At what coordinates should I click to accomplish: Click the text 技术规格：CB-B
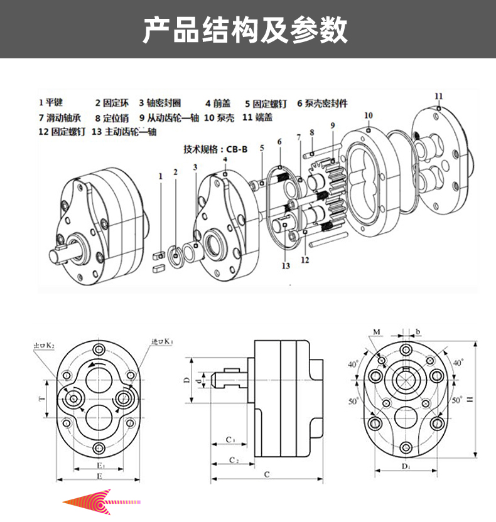[x=215, y=149]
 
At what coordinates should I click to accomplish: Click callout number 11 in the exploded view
[x=438, y=96]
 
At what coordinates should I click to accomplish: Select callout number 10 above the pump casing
[x=369, y=115]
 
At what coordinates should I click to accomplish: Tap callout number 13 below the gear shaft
[x=286, y=266]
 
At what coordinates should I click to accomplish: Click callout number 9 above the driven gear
[x=332, y=125]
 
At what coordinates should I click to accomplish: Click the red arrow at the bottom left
[x=100, y=502]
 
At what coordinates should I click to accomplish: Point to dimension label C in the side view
[x=266, y=475]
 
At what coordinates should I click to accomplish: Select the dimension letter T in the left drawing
[x=42, y=399]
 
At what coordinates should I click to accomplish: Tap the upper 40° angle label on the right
[x=457, y=363]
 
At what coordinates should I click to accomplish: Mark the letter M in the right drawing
[x=376, y=331]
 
